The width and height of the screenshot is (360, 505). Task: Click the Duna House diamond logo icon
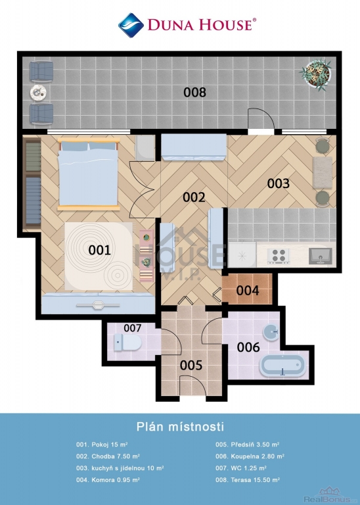pyautogui.click(x=131, y=25)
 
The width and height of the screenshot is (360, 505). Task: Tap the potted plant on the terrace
pyautogui.click(x=317, y=74)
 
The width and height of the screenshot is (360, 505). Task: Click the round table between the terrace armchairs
pyautogui.click(x=39, y=93)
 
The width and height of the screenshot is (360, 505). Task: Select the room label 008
pyautogui.click(x=194, y=93)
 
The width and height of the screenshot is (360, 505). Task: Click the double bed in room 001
pyautogui.click(x=88, y=174)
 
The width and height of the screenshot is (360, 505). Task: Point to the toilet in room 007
pyautogui.click(x=127, y=342)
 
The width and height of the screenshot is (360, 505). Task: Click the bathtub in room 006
pyautogui.click(x=282, y=366)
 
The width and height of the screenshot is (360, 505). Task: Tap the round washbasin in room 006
pyautogui.click(x=271, y=331)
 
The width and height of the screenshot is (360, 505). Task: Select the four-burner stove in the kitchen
pyautogui.click(x=279, y=256)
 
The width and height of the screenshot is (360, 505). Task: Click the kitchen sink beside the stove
pyautogui.click(x=321, y=256)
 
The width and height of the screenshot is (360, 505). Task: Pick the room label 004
pyautogui.click(x=248, y=291)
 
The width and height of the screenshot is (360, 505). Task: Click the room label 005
pyautogui.click(x=191, y=365)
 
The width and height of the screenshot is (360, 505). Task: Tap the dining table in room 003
pyautogui.click(x=323, y=172)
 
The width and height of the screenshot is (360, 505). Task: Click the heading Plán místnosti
pyautogui.click(x=180, y=426)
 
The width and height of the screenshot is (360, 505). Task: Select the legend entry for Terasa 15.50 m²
pyautogui.click(x=248, y=480)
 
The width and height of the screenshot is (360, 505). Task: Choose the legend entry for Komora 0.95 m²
pyautogui.click(x=108, y=480)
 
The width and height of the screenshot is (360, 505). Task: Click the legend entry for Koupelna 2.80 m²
pyautogui.click(x=250, y=456)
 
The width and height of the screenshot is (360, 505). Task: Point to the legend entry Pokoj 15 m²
pyautogui.click(x=102, y=445)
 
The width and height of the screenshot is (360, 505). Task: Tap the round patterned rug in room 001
pyautogui.click(x=99, y=256)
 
